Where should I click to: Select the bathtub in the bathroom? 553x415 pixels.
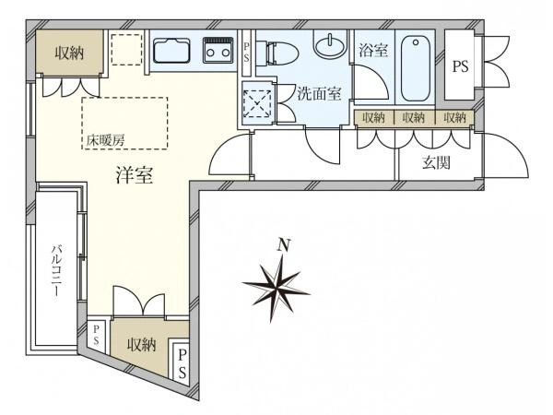pos(416,67)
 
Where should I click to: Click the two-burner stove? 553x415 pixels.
pos(218,50)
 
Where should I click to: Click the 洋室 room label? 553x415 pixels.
pos(135,175)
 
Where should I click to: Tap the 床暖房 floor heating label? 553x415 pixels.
pos(106,141)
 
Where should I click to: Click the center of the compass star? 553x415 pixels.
pos(277,287)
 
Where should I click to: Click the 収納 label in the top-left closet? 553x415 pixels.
pos(69,53)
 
